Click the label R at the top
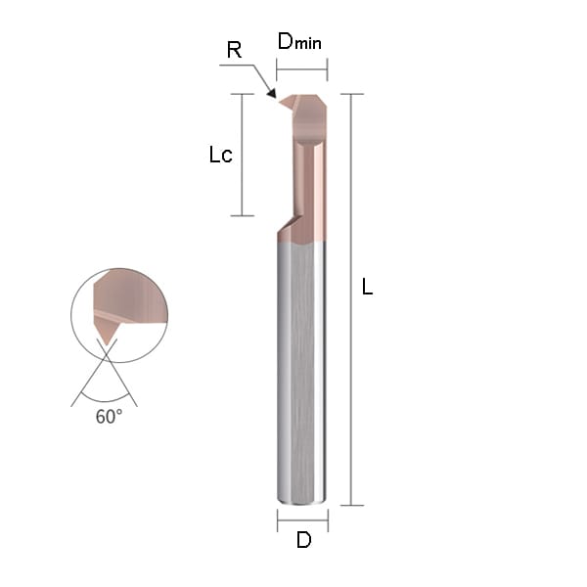tap(234, 51)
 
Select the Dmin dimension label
tap(299, 41)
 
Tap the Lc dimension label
tap(221, 155)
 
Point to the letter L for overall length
tap(368, 288)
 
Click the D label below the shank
tap(303, 539)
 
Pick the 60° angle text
tap(109, 417)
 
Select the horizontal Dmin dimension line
tap(301, 68)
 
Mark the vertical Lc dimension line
tap(242, 155)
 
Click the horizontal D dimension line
tap(302, 519)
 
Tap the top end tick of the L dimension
tap(352, 94)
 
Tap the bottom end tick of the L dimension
tap(352, 505)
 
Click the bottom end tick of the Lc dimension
tap(242, 215)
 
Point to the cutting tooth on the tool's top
tap(290, 101)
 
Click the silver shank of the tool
tap(302, 372)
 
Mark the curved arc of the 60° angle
tap(105, 399)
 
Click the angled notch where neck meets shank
tap(286, 227)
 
